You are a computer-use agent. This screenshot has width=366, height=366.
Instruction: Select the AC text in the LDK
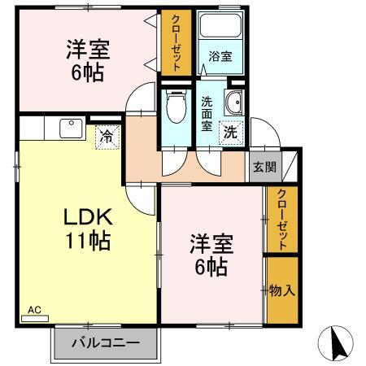click(x=33, y=309)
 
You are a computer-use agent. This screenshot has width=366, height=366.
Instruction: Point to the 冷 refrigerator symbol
click(x=106, y=137)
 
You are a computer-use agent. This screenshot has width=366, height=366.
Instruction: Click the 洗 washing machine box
click(x=230, y=132)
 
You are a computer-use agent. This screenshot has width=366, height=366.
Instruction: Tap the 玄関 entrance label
click(x=264, y=168)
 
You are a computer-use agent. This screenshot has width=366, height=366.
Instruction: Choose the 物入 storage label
click(x=281, y=290)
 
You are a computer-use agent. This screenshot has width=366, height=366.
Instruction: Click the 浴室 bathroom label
click(x=220, y=57)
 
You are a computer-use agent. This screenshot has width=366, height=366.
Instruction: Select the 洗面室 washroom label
click(x=207, y=114)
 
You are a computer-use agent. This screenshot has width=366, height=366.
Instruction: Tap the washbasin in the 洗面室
click(x=233, y=103)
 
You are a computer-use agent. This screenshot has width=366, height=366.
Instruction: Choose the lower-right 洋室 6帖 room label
click(x=211, y=254)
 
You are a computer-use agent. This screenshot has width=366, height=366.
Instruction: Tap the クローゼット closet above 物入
click(x=281, y=220)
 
